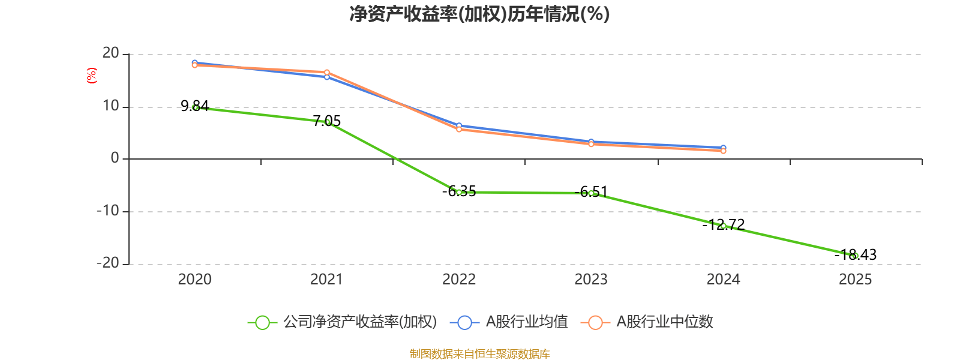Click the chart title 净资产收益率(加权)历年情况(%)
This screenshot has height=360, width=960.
[479, 14]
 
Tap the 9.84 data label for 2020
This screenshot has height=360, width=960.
[194, 106]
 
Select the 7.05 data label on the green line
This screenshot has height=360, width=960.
[327, 121]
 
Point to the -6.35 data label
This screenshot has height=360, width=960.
[459, 191]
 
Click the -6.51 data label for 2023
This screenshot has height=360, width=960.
[591, 192]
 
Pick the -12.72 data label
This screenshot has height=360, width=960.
[724, 224]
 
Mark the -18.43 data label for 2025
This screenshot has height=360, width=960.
[856, 254]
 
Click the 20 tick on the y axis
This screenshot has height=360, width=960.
[111, 53]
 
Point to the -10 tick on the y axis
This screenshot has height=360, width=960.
[108, 211]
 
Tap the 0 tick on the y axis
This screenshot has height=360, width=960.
[115, 158]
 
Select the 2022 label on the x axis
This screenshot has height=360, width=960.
[459, 279]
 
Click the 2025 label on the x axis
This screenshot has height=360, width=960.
[855, 279]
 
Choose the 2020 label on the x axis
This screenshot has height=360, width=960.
[195, 279]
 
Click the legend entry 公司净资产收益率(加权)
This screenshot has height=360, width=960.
[360, 322]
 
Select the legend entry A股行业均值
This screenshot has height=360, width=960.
[526, 322]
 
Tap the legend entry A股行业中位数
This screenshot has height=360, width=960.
[664, 322]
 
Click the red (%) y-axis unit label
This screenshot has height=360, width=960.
[91, 76]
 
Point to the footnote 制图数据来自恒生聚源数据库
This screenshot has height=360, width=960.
[479, 354]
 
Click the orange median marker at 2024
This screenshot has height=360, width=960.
[724, 151]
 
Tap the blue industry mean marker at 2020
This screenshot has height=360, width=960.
[195, 62]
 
